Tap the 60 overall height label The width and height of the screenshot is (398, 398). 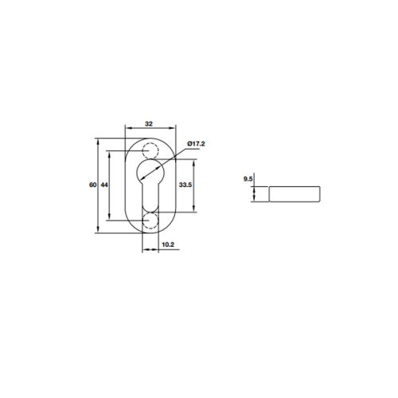(x=93, y=185)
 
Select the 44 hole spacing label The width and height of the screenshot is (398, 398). (x=104, y=185)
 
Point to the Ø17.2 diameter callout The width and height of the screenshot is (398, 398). (x=197, y=143)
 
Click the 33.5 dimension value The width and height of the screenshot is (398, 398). (x=185, y=185)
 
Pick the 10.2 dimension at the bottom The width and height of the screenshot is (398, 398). (x=168, y=245)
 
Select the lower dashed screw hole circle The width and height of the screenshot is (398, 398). (x=150, y=220)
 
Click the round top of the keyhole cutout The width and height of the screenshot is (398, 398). (x=150, y=170)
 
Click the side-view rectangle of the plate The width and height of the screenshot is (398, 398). (x=295, y=193)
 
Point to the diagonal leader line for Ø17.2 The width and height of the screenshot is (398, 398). (x=174, y=155)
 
